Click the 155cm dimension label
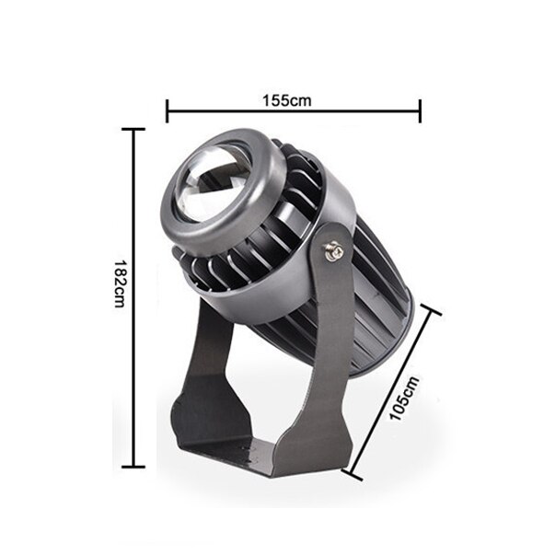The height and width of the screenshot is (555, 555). coord(294,99)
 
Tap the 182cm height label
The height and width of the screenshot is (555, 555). coord(119,283)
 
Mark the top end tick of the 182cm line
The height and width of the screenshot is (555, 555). coord(138,130)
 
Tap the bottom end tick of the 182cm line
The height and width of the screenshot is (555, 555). coord(138,469)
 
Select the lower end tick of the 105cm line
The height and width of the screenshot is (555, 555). coord(353,472)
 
